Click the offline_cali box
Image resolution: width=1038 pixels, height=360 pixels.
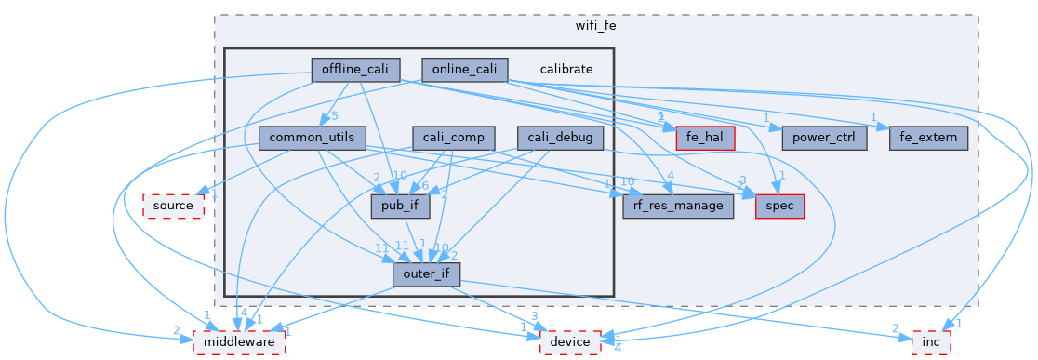[x=355, y=70]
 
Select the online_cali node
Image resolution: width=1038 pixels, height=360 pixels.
[x=465, y=70]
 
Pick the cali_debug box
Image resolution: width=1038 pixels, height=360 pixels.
[x=560, y=138]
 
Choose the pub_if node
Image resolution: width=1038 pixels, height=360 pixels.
[x=400, y=206]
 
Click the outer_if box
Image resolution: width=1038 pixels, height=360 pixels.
[x=426, y=273]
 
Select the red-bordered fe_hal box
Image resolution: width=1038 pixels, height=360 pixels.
[x=705, y=138]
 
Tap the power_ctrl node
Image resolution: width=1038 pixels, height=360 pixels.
[x=824, y=138]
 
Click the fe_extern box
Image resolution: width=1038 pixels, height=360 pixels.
[x=929, y=138]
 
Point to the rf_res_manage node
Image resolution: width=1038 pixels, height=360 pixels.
[x=678, y=206]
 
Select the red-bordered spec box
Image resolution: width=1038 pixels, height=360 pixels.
[x=779, y=206]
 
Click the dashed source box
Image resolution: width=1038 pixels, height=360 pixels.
[x=173, y=206]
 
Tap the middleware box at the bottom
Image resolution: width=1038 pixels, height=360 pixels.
[x=238, y=341]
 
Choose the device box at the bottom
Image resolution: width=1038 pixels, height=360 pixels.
[x=570, y=341]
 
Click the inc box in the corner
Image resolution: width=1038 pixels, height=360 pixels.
[x=930, y=341]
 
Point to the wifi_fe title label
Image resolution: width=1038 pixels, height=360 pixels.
[x=596, y=26]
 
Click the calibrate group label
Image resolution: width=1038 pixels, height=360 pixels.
[x=566, y=70]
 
